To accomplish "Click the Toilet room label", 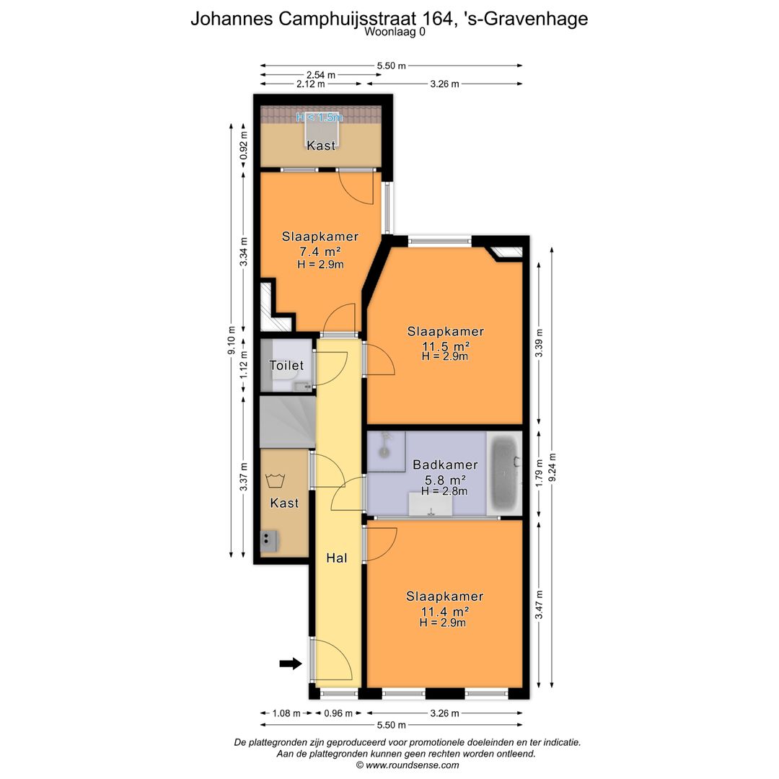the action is (286, 366).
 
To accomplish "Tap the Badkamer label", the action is (445, 465).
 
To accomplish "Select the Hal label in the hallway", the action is (336, 558).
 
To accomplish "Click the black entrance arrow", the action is (291, 664).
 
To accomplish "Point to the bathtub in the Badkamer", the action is (504, 473).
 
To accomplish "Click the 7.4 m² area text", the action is (320, 252).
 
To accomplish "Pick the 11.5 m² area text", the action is (446, 346).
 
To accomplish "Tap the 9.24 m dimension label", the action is (553, 467).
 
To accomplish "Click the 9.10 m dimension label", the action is (231, 340).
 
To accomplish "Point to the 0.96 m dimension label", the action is (338, 713).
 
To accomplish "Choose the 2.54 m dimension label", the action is (321, 75).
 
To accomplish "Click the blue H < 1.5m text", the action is (320, 118).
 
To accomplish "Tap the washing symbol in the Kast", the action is (275, 480).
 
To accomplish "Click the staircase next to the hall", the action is (288, 422).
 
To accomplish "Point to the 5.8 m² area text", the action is (445, 480).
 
